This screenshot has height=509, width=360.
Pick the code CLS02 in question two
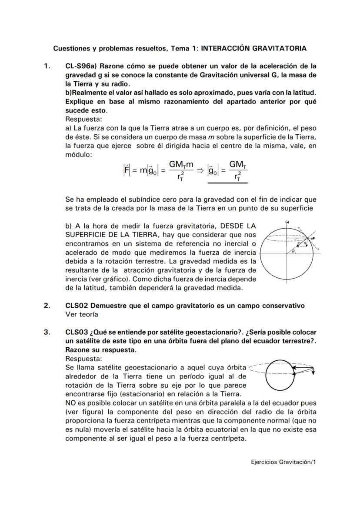coord(76,306)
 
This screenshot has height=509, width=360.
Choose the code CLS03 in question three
coord(76,333)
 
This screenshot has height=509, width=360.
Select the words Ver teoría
coord(82,314)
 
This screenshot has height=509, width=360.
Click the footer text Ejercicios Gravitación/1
coord(283,462)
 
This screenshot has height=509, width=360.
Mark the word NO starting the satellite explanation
coord(70,403)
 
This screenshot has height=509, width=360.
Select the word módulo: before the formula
coord(78,155)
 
